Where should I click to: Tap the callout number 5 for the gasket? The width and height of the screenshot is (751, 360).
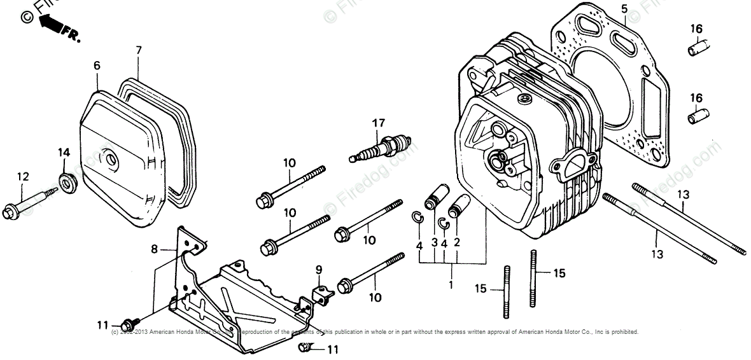(x=624, y=9)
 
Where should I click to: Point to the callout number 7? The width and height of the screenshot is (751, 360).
(x=138, y=50)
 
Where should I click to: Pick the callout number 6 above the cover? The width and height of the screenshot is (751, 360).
(x=97, y=66)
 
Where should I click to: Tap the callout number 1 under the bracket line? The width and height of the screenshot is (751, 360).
(x=451, y=285)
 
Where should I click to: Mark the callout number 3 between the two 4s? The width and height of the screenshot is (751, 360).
(x=434, y=242)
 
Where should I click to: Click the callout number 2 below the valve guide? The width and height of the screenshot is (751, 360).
(x=456, y=242)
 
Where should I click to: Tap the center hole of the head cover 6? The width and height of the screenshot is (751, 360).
(x=109, y=158)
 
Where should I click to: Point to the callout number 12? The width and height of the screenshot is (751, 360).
(x=23, y=176)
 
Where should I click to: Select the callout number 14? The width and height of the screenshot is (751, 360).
(x=64, y=153)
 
